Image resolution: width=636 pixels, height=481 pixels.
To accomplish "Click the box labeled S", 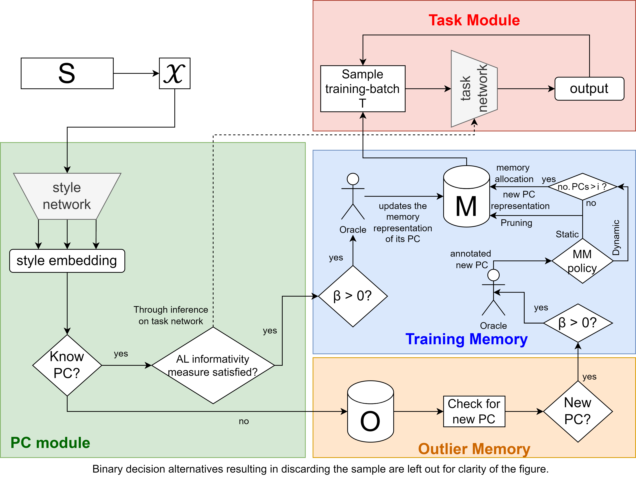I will click(x=67, y=73).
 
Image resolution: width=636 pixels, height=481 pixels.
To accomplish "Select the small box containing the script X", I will click(x=175, y=73).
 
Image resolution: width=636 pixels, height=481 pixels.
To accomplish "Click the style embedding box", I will click(x=67, y=261).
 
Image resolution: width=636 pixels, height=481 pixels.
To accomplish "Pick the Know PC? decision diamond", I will click(x=67, y=365).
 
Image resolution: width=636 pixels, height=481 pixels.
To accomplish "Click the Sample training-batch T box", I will click(x=363, y=89).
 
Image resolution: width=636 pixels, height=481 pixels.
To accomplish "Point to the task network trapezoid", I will click(x=474, y=89).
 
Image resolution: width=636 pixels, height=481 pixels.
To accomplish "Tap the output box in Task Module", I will click(x=589, y=89).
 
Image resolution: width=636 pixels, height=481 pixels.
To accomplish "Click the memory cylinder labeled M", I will click(x=466, y=201).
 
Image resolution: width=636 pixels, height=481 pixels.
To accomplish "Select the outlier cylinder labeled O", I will click(x=370, y=414).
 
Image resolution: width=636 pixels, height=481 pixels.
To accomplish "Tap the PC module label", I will click(x=50, y=442).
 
